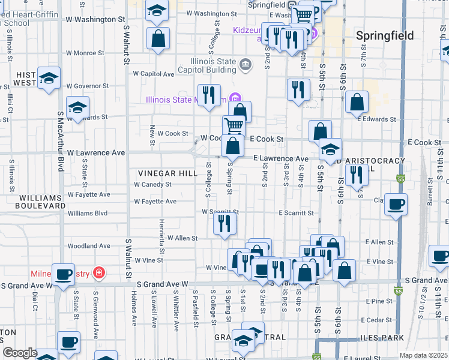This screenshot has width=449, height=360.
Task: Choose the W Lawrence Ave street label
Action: click(96, 153)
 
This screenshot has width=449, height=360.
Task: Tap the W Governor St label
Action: click(88, 86)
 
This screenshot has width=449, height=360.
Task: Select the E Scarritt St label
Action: click(296, 213)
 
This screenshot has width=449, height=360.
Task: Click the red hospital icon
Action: click(98, 274)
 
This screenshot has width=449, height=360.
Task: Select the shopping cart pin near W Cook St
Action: click(234, 125)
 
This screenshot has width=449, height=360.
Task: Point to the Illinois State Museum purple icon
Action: click(234, 98)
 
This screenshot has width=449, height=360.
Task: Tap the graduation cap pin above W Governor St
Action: click(49, 78)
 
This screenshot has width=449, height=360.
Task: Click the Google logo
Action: click(20, 353)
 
